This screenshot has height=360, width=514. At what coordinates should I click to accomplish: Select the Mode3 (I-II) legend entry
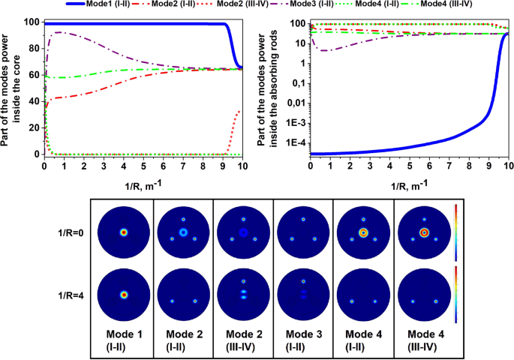coord(312,5)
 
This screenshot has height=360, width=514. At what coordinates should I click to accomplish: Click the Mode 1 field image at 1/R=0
coord(125,232)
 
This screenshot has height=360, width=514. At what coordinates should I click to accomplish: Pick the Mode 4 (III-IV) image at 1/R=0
coord(423,232)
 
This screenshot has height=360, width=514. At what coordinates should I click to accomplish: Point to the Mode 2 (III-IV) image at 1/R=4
coord(244,295)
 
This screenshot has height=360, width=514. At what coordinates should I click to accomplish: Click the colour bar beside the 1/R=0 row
coord(478,232)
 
